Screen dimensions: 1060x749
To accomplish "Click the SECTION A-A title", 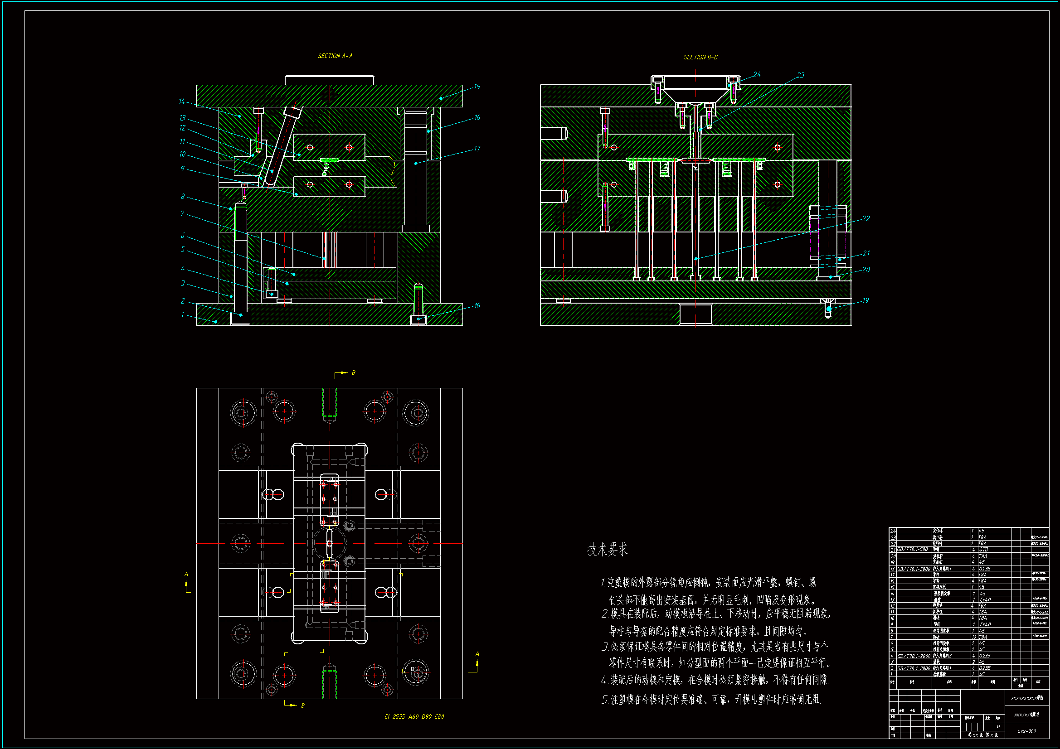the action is [x=335, y=56].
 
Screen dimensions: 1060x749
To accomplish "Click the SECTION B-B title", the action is [x=700, y=57].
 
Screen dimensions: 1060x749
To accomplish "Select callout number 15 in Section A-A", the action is [x=477, y=87].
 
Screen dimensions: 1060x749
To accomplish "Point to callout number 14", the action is [x=182, y=101].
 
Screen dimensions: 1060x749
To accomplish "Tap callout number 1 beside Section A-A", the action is [x=182, y=315].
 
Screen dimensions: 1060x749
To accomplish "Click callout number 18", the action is [x=477, y=305].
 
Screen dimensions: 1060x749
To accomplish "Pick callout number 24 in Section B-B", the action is [x=757, y=74].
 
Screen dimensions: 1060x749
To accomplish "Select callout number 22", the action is [x=866, y=218].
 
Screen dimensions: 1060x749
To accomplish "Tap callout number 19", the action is [x=865, y=300].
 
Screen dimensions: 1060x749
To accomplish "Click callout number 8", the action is [x=183, y=197].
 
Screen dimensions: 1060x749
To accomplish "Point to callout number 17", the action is [x=477, y=149].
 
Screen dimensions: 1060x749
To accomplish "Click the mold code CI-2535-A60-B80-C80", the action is [x=414, y=716].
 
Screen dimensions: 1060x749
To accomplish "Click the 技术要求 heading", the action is [x=607, y=550].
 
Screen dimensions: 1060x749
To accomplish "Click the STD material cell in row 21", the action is [x=984, y=550].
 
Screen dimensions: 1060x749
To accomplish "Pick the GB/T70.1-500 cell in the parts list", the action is [x=912, y=550].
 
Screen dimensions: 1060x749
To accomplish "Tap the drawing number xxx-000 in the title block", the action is [x=1027, y=731].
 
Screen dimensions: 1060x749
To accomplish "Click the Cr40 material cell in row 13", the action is [x=985, y=599].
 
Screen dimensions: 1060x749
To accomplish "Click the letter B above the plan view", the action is [x=354, y=372].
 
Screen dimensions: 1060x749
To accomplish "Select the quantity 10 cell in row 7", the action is [x=974, y=637].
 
